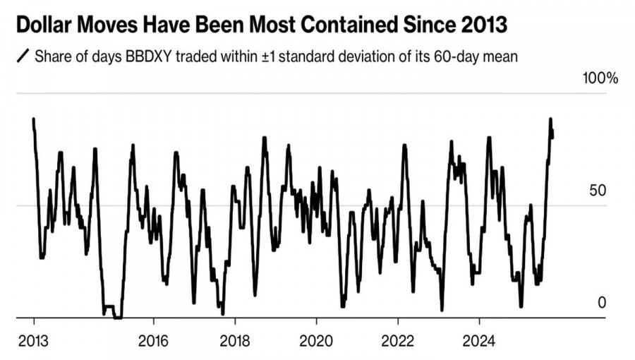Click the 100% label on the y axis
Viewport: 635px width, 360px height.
600,78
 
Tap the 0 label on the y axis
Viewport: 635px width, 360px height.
602,302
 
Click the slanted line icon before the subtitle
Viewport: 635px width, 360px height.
23,56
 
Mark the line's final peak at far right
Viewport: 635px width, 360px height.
550,119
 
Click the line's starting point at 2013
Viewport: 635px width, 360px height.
33,119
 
